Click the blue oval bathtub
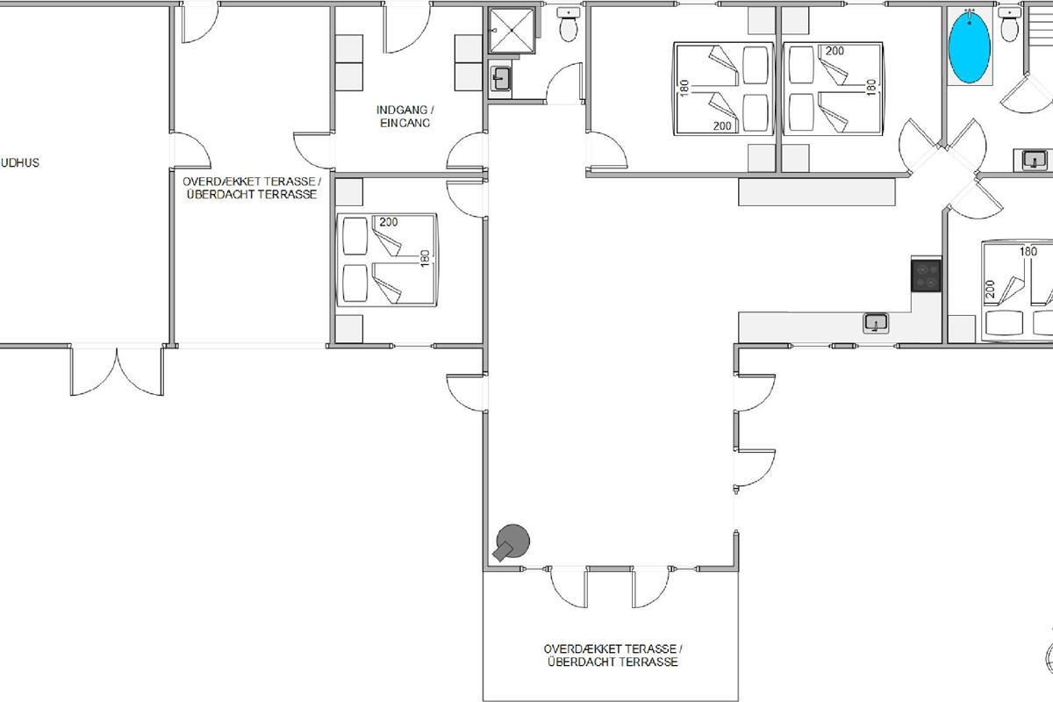pyautogui.click(x=970, y=47)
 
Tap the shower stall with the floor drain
pyautogui.click(x=512, y=30)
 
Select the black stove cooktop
pyautogui.click(x=926, y=276)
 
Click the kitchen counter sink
pyautogui.click(x=876, y=323)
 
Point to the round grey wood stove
pyautogui.click(x=512, y=542)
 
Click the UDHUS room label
pyautogui.click(x=19, y=163)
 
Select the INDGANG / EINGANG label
pyautogui.click(x=405, y=116)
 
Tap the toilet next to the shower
pyautogui.click(x=569, y=25)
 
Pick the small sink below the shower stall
pyautogui.click(x=501, y=78)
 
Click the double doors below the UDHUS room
pyautogui.click(x=117, y=371)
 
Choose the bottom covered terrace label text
pyautogui.click(x=612, y=655)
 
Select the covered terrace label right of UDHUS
pyautogui.click(x=252, y=188)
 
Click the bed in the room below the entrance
pyautogui.click(x=387, y=260)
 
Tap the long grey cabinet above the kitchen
pyautogui.click(x=817, y=192)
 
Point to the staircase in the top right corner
pyautogui.click(x=1039, y=28)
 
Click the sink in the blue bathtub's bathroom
pyautogui.click(x=1034, y=160)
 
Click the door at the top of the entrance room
pyautogui.click(x=407, y=28)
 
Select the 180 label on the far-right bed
pyautogui.click(x=1028, y=252)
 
